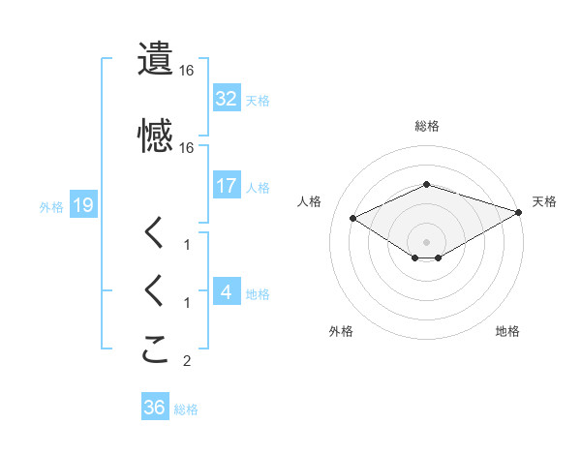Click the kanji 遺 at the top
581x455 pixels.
point(156,59)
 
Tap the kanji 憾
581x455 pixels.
point(156,136)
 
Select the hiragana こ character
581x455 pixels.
point(156,349)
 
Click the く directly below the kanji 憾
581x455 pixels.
point(156,233)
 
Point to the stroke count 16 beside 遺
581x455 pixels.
point(187,71)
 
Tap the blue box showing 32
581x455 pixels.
point(226,100)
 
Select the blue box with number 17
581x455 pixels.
point(226,186)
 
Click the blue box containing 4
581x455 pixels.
point(226,292)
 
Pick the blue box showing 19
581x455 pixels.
point(82,205)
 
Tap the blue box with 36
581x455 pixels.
point(154,409)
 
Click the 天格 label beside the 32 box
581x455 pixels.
point(258,101)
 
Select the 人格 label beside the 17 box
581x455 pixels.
point(258,187)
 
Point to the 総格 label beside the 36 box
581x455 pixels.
point(186,409)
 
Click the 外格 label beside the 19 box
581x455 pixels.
point(51,206)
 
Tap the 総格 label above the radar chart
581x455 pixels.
point(427,126)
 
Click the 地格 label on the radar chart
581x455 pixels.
point(507,332)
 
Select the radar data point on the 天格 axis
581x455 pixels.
point(520,212)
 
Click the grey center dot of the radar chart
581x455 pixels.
point(427,241)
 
